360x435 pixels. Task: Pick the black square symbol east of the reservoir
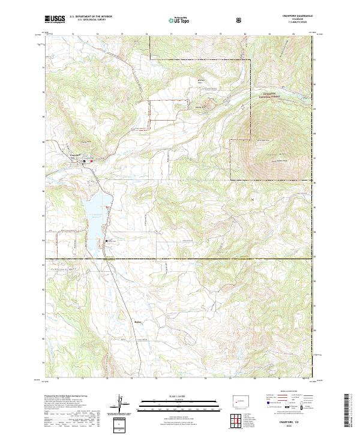point(107,241)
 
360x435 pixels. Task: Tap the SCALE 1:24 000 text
point(163,395)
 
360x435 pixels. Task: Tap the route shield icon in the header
point(240,20)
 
